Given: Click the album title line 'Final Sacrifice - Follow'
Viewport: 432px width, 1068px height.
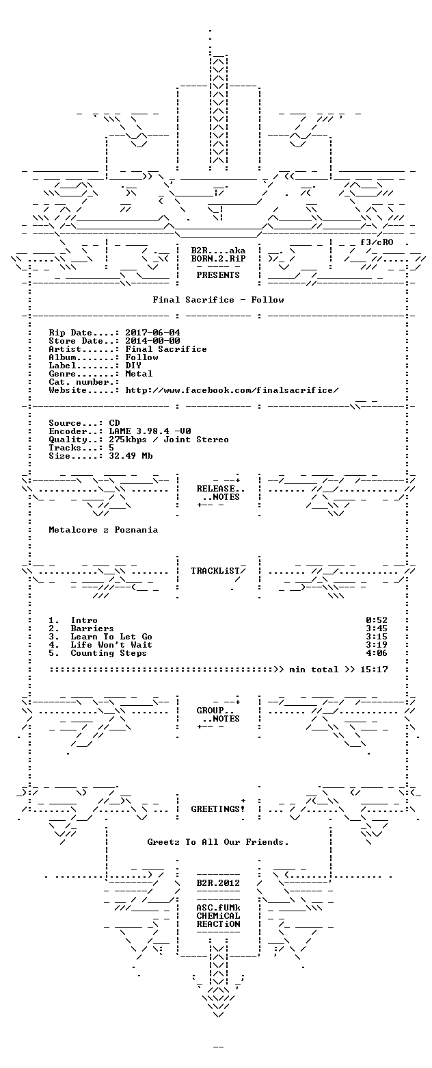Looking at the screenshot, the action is point(218,300).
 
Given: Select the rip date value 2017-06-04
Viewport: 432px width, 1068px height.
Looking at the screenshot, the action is point(153,333).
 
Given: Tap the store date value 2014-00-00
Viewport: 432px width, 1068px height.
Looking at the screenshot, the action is point(153,341).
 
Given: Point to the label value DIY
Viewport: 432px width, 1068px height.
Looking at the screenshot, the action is point(133,366).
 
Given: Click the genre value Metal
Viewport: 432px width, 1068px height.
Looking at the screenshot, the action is point(139,374).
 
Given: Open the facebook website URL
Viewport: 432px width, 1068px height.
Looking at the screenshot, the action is point(232,390).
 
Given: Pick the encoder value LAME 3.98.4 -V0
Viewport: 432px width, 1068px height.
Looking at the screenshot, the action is point(150,431).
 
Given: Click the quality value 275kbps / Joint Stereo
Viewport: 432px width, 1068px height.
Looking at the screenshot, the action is point(169,440).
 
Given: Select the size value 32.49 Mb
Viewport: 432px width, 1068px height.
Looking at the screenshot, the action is point(131,456).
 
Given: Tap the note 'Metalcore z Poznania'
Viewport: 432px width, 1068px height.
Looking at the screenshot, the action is point(103,530).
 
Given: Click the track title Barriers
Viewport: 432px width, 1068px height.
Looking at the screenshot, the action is point(92,629).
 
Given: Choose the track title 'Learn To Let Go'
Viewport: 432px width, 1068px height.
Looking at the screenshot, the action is point(111,637).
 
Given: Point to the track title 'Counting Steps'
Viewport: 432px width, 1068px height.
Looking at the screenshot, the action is point(109,653).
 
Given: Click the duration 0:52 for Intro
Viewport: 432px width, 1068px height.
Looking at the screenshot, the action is point(377,620).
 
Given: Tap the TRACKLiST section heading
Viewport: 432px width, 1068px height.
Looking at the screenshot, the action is point(216,571).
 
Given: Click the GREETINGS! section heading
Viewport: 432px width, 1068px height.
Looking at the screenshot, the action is point(218,809).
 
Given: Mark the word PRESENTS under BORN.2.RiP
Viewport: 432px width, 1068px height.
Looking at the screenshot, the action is point(218,275).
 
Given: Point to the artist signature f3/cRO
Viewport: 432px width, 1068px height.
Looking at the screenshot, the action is point(377,242).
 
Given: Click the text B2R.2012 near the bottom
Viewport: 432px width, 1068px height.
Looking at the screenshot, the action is point(218,883).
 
